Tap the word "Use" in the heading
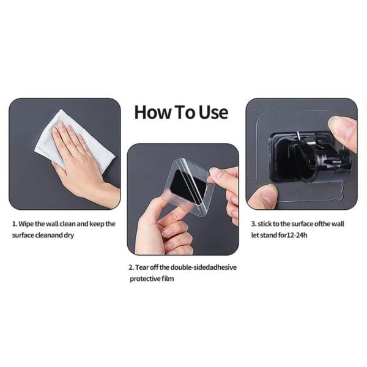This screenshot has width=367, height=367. click(x=213, y=113)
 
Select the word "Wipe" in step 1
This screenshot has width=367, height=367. click(x=26, y=224)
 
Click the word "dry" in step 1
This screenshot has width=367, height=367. click(x=69, y=235)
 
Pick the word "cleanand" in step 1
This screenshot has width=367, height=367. click(x=49, y=235)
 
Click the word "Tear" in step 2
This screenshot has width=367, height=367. click(x=142, y=267)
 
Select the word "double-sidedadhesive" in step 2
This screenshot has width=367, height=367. click(x=204, y=267)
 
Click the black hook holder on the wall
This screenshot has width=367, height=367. click(x=311, y=158)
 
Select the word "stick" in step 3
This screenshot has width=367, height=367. click(x=264, y=224)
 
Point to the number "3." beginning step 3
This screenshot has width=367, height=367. click(x=254, y=224)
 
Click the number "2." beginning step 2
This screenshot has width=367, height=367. click(x=131, y=267)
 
